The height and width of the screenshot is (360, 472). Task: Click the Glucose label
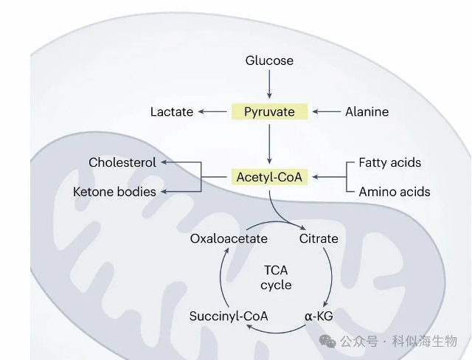(269, 60)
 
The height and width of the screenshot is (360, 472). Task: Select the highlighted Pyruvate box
(269, 111)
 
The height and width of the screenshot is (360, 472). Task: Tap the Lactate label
(171, 111)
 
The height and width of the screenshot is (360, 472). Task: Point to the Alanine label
(367, 111)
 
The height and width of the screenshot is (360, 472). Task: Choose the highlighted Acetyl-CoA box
(269, 177)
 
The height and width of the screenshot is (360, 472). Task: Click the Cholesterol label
(122, 162)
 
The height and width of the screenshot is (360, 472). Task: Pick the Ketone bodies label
(114, 192)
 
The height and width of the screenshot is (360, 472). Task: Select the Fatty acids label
(389, 162)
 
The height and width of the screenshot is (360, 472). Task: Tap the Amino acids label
(394, 192)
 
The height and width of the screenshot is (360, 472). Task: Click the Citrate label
(319, 238)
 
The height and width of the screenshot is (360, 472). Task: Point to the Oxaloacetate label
(229, 238)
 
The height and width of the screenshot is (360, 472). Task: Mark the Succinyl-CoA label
(229, 316)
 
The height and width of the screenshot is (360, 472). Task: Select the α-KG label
(319, 316)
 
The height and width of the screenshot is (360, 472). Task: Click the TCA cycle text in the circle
(277, 277)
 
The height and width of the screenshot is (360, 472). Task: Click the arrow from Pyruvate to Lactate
(212, 111)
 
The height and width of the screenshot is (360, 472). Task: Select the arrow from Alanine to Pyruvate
(326, 111)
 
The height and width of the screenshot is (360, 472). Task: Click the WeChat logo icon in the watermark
(327, 341)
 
